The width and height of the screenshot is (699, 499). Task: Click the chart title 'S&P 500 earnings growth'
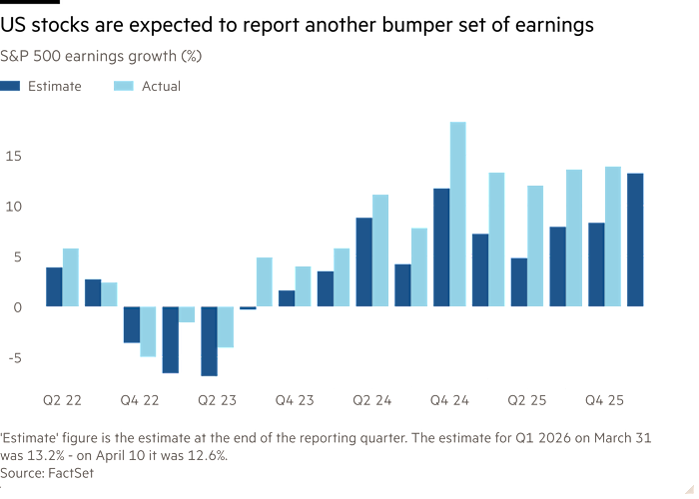click(x=101, y=56)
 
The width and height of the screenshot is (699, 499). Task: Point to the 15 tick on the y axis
click(x=11, y=156)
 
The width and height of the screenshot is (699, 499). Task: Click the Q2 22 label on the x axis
click(x=62, y=399)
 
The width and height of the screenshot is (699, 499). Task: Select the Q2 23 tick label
click(x=217, y=399)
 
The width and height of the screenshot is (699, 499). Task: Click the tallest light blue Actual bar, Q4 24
click(x=458, y=213)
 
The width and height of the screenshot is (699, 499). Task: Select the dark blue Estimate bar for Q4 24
click(x=440, y=247)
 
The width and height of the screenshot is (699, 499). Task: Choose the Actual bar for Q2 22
click(x=71, y=276)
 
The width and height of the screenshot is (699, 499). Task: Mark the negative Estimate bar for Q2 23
click(x=209, y=340)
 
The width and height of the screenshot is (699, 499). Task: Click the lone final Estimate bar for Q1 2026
click(x=634, y=240)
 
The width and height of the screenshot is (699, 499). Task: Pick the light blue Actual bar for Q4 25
click(x=613, y=236)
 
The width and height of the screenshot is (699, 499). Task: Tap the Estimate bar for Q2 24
click(x=363, y=261)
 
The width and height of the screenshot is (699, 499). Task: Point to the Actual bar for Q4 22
click(x=148, y=330)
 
